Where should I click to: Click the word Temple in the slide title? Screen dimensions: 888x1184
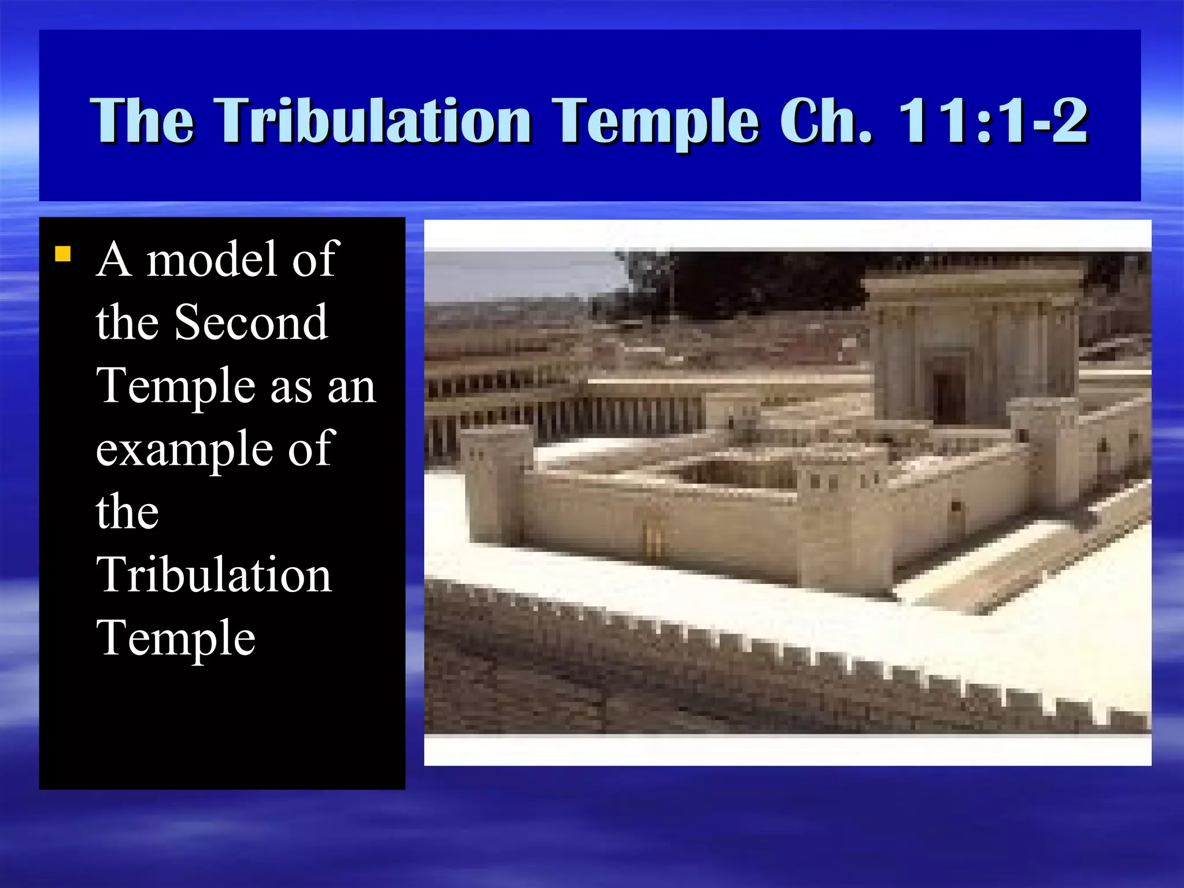click(x=654, y=121)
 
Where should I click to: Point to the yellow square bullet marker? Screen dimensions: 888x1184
click(x=62, y=254)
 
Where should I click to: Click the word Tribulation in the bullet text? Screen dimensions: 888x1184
click(x=214, y=575)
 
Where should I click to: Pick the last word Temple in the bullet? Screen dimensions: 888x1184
click(x=176, y=638)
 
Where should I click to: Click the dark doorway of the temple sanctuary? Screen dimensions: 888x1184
click(x=949, y=393)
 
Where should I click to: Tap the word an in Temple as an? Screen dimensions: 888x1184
click(x=351, y=386)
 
